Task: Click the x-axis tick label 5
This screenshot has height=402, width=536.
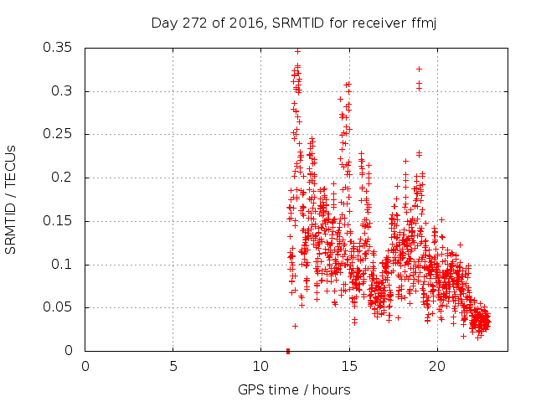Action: (173, 366)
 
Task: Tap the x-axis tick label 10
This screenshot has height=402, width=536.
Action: (260, 366)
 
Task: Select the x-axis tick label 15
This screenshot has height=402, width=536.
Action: (348, 366)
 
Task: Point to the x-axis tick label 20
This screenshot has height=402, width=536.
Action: (436, 366)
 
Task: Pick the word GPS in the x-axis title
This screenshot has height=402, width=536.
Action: (250, 389)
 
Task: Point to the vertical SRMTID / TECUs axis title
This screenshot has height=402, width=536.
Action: (11, 199)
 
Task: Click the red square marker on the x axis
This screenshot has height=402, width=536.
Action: (288, 350)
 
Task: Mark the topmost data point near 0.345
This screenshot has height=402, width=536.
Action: (297, 51)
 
